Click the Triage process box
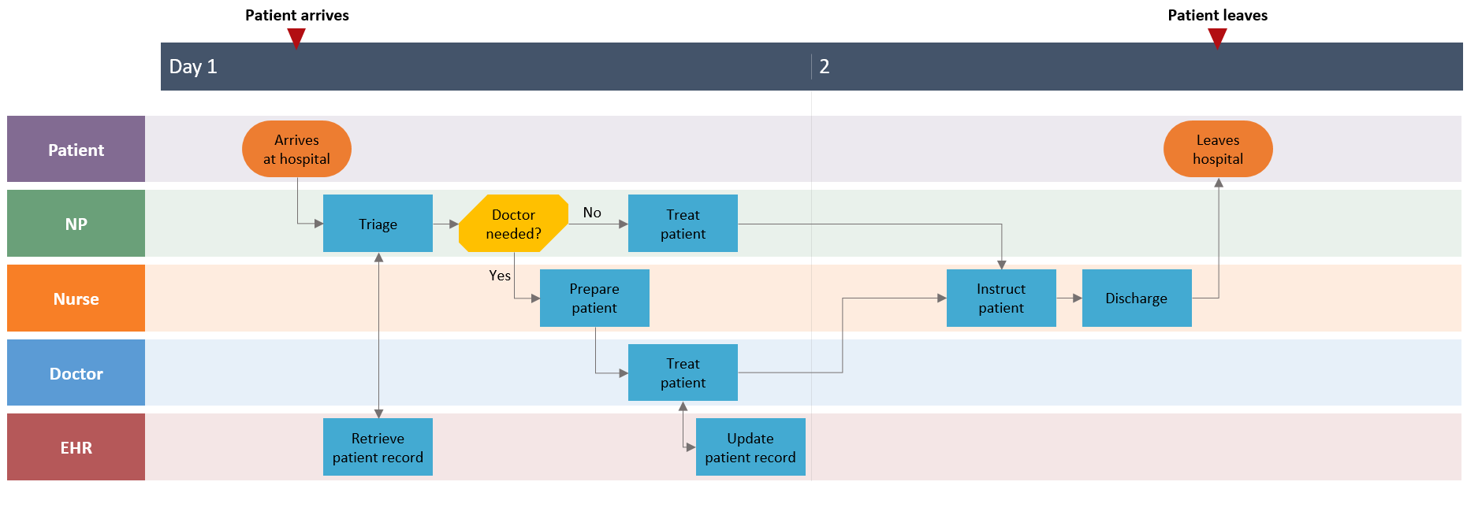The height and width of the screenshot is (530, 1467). [x=378, y=224]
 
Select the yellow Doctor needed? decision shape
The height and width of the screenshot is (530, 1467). [x=513, y=224]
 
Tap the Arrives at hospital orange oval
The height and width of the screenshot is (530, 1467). [x=296, y=149]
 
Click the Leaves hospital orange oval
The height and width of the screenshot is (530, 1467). [x=1217, y=149]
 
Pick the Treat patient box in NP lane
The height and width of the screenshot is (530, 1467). [x=683, y=224]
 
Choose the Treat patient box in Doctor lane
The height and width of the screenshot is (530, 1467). [x=683, y=372]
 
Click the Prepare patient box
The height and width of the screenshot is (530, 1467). [x=594, y=298]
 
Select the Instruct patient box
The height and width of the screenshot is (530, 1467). [x=1001, y=298]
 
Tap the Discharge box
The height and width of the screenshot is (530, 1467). [x=1136, y=298]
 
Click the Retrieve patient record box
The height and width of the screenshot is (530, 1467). [x=378, y=447]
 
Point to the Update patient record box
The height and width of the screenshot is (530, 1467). [x=750, y=447]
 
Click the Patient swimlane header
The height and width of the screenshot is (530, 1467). [x=76, y=149]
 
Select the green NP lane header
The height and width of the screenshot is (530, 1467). [x=76, y=224]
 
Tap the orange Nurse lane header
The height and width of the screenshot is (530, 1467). [x=76, y=298]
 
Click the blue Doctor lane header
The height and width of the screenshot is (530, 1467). [x=76, y=372]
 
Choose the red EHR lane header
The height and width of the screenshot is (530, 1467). [x=76, y=447]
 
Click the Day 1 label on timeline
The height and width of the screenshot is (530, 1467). [x=192, y=66]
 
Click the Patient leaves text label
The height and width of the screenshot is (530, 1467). [x=1217, y=15]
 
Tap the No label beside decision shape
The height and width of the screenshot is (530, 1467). [x=592, y=213]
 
